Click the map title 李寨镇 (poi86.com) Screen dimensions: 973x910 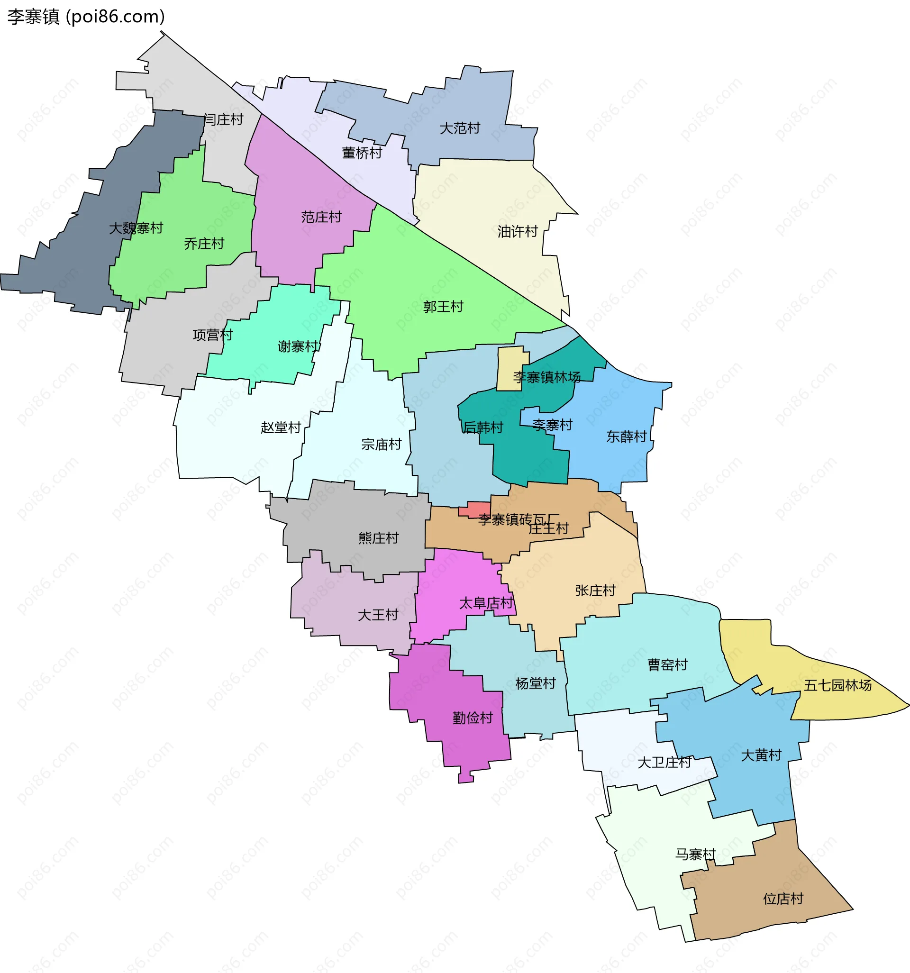tap(86, 17)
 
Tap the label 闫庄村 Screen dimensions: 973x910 tap(223, 119)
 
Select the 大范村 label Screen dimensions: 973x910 tap(460, 128)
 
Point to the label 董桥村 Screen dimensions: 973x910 tap(362, 153)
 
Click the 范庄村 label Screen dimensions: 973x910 tap(321, 217)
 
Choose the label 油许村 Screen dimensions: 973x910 tap(518, 231)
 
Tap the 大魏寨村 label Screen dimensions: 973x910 tap(136, 228)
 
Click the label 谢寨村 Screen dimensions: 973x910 tap(298, 346)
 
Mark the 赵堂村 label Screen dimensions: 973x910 tap(281, 427)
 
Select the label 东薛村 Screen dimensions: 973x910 tap(627, 436)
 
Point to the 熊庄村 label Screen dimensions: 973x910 tap(378, 538)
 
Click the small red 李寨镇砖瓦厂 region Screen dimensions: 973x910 tap(473, 509)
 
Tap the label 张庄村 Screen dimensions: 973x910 tap(595, 590)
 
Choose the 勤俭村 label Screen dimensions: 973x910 tap(473, 718)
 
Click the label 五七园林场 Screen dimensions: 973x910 tap(837, 685)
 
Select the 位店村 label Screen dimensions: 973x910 tap(783, 899)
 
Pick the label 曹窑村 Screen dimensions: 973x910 tap(668, 664)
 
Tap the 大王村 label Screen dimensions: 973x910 tap(378, 615)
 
